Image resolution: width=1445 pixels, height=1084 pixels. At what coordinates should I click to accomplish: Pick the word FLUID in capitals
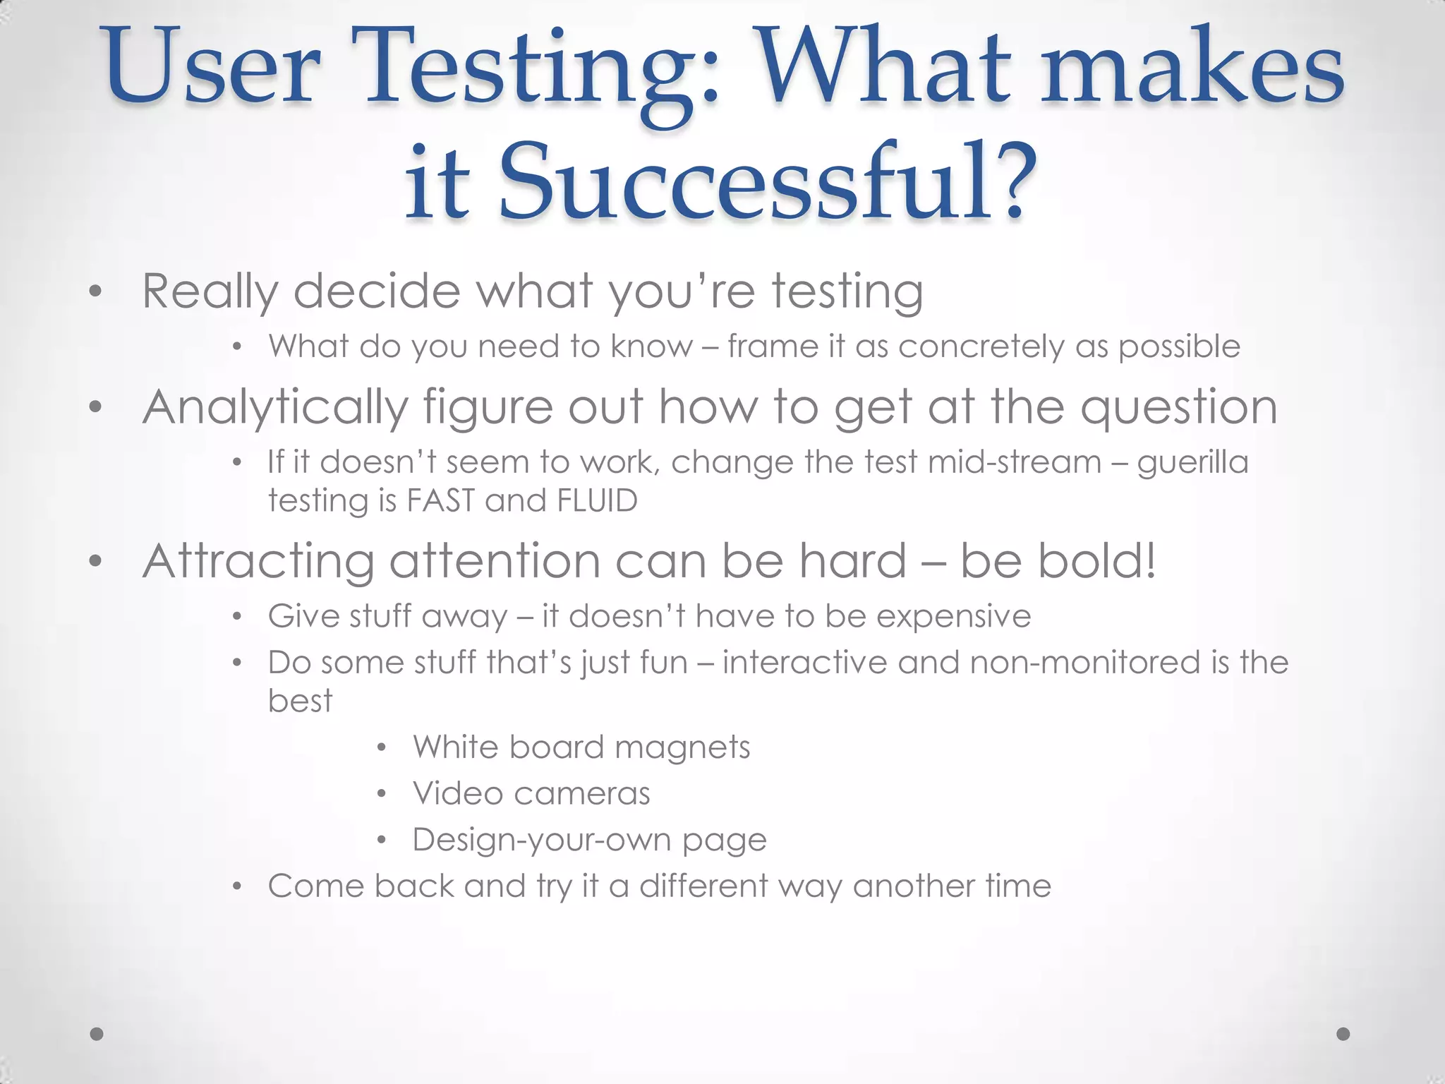click(x=597, y=500)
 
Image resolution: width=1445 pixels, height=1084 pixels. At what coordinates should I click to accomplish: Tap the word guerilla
click(x=1192, y=463)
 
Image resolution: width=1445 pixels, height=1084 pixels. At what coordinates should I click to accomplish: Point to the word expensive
click(x=954, y=616)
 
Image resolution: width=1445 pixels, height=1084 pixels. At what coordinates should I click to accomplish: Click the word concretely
click(x=981, y=347)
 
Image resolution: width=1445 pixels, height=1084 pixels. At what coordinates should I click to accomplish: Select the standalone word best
click(x=300, y=701)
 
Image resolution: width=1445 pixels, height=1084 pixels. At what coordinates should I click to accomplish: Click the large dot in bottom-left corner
click(x=97, y=1034)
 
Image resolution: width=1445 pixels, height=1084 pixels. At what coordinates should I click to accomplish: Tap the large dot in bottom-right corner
click(x=1343, y=1034)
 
